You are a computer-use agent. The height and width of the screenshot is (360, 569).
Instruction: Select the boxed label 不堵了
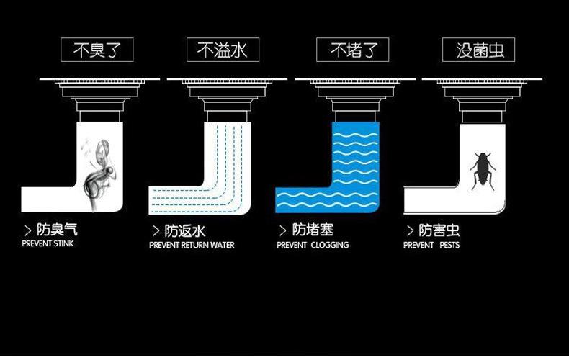pos(352,50)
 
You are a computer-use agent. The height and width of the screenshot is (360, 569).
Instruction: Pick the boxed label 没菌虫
pos(478,50)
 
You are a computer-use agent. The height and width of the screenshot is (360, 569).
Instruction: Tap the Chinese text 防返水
pos(185,231)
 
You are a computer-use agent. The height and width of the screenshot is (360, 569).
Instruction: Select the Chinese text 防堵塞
pos(313,230)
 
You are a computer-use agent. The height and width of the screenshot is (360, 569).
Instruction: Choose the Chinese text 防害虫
pos(439,230)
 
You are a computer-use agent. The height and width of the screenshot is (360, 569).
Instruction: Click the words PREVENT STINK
pos(48,244)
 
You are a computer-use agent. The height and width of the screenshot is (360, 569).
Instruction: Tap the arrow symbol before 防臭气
pos(28,231)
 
